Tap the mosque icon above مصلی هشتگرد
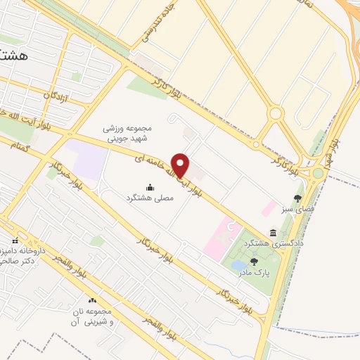(150, 188)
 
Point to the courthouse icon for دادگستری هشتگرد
(273, 232)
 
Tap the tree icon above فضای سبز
(298, 199)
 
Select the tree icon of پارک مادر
(253, 261)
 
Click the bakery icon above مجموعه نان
(92, 300)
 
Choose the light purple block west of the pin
(89, 160)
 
